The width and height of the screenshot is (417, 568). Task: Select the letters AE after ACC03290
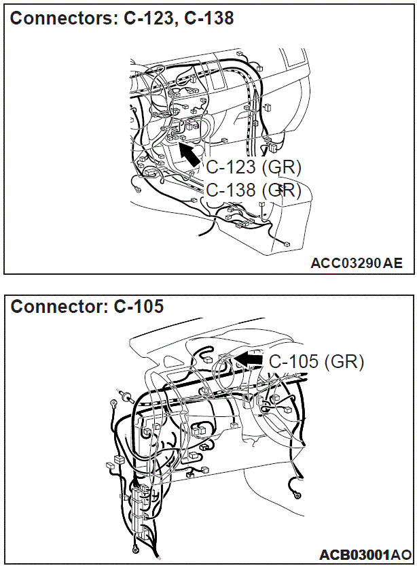393,263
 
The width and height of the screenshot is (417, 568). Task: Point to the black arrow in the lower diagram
249,357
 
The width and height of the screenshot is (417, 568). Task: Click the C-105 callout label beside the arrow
294,362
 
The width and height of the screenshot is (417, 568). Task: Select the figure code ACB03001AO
364,555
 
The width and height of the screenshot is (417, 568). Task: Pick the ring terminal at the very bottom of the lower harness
137,548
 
